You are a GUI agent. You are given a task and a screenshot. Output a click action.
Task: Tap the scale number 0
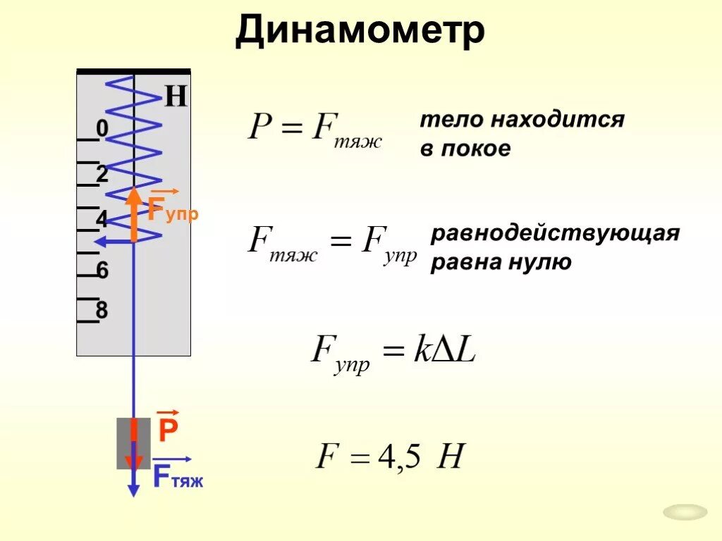(102, 129)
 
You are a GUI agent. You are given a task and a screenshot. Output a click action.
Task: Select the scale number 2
(102, 174)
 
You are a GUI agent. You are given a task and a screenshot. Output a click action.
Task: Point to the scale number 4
(102, 219)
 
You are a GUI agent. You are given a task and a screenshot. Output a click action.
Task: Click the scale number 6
(102, 270)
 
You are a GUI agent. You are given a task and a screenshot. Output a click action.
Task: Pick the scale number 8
(102, 310)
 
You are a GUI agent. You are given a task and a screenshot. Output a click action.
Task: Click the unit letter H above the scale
(176, 97)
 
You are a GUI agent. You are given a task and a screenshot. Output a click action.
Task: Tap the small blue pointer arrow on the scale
(106, 242)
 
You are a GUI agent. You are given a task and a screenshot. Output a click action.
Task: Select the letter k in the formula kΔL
(421, 349)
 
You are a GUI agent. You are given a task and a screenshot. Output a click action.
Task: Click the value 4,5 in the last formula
(399, 459)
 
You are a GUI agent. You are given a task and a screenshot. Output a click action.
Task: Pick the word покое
(475, 149)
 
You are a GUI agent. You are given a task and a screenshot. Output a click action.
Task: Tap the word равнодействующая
(555, 233)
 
